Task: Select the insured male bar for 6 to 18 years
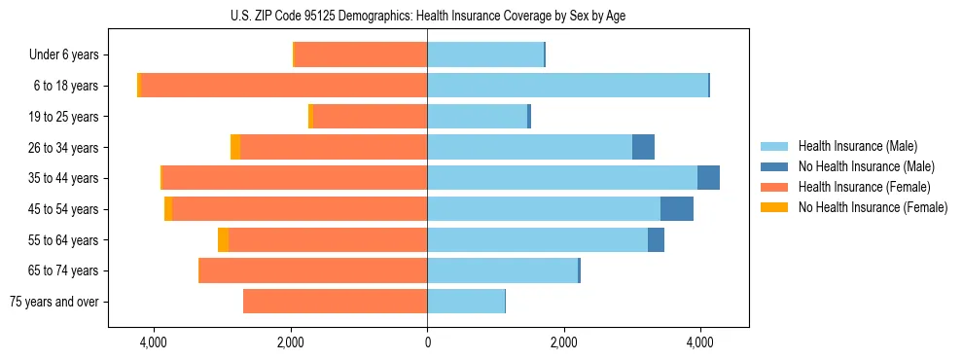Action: click(567, 86)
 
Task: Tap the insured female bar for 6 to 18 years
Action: click(284, 86)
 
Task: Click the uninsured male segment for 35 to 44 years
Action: click(708, 178)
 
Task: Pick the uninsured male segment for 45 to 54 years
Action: click(677, 209)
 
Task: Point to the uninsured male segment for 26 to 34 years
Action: click(643, 147)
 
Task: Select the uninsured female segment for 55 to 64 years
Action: click(223, 240)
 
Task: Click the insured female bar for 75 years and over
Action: click(335, 302)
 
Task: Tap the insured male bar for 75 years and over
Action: click(466, 302)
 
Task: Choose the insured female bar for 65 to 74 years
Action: click(312, 270)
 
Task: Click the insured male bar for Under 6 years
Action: click(485, 54)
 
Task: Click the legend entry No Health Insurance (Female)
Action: click(873, 207)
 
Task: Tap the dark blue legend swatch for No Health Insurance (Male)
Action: click(774, 166)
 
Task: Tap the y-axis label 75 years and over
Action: click(53, 302)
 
